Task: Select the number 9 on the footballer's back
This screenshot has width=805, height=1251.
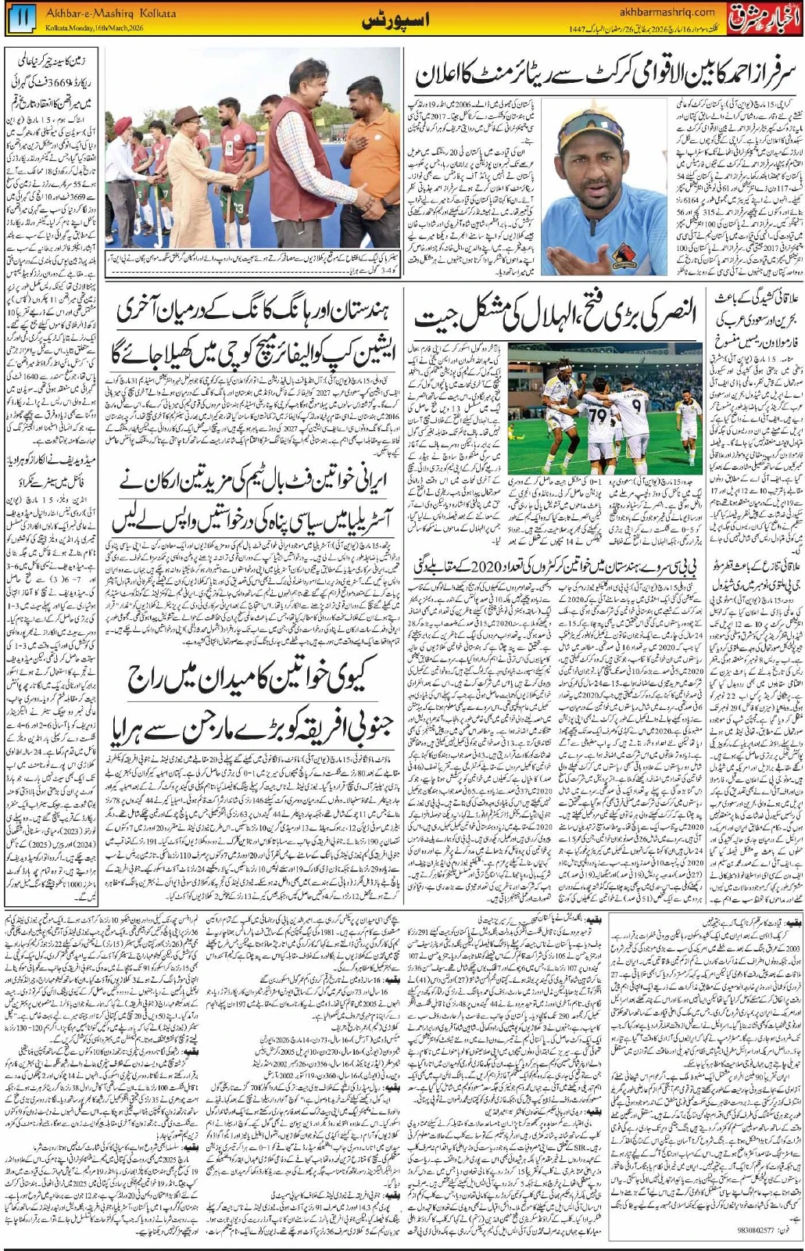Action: tap(637, 407)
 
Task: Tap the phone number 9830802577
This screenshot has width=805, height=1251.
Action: tap(755, 1230)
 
